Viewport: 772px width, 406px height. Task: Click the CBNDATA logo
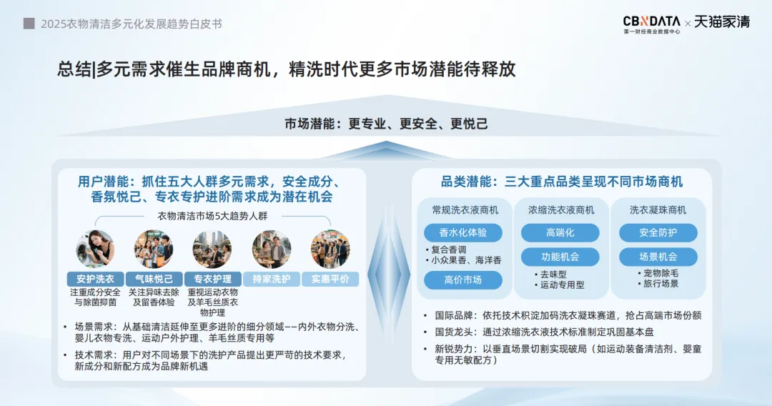tap(651, 24)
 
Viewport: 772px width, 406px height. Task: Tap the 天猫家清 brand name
tap(722, 22)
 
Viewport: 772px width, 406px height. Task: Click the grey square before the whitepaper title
tap(29, 24)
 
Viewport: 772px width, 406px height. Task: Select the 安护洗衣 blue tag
tap(96, 279)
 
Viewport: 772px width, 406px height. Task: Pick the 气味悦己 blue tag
tap(154, 279)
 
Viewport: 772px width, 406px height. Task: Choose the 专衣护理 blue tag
tap(213, 279)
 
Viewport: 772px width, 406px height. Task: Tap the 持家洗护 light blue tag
tap(272, 279)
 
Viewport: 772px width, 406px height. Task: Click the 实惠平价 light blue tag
tap(330, 279)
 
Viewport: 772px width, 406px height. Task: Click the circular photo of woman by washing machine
tap(96, 249)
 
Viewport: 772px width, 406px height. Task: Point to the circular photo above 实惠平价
tap(330, 249)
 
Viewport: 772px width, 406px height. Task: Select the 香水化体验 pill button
tap(462, 233)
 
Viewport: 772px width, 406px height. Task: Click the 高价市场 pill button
tap(462, 280)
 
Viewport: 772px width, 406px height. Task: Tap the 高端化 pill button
tap(560, 233)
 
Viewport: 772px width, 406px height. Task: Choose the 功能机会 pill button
tap(560, 257)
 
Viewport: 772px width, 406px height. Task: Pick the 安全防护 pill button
tap(658, 233)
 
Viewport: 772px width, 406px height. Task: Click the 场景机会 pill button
tap(658, 257)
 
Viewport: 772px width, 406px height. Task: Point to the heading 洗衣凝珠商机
tap(658, 210)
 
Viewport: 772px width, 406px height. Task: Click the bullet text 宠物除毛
tap(660, 273)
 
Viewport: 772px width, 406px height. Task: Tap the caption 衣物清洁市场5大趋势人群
tap(213, 216)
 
